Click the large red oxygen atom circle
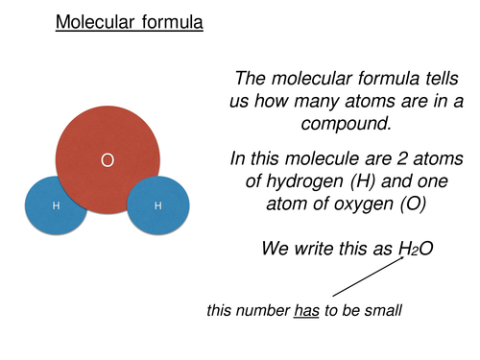click(x=108, y=134)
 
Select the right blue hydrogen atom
click(x=158, y=205)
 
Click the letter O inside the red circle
click(x=108, y=161)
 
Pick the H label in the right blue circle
click(x=158, y=205)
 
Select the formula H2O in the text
click(x=416, y=249)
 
